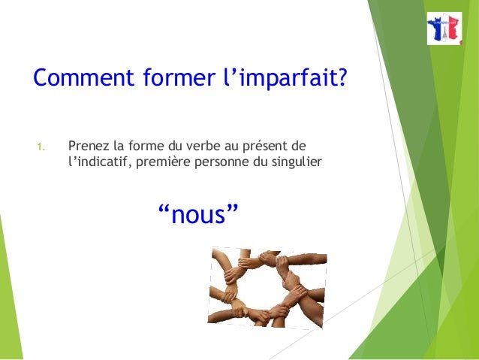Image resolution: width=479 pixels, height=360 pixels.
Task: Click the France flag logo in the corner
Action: coord(444,29)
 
